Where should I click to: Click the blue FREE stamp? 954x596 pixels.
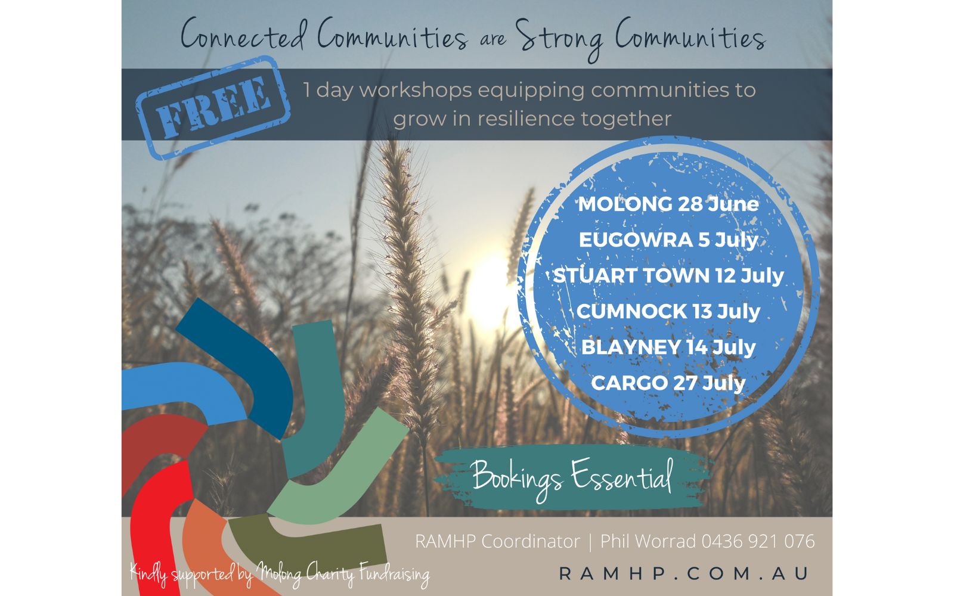pyautogui.click(x=213, y=107)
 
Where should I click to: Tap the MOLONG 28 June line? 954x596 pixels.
pyautogui.click(x=668, y=204)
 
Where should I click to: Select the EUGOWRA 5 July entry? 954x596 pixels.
pyautogui.click(x=668, y=240)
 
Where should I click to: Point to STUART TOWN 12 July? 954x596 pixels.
pyautogui.click(x=668, y=275)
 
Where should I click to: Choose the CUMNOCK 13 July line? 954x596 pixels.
pyautogui.click(x=668, y=311)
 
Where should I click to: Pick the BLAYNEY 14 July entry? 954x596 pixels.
pyautogui.click(x=668, y=347)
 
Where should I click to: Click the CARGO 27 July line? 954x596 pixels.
pyautogui.click(x=668, y=383)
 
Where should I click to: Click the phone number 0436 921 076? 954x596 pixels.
pyautogui.click(x=758, y=542)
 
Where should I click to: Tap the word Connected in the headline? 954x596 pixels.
pyautogui.click(x=244, y=34)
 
